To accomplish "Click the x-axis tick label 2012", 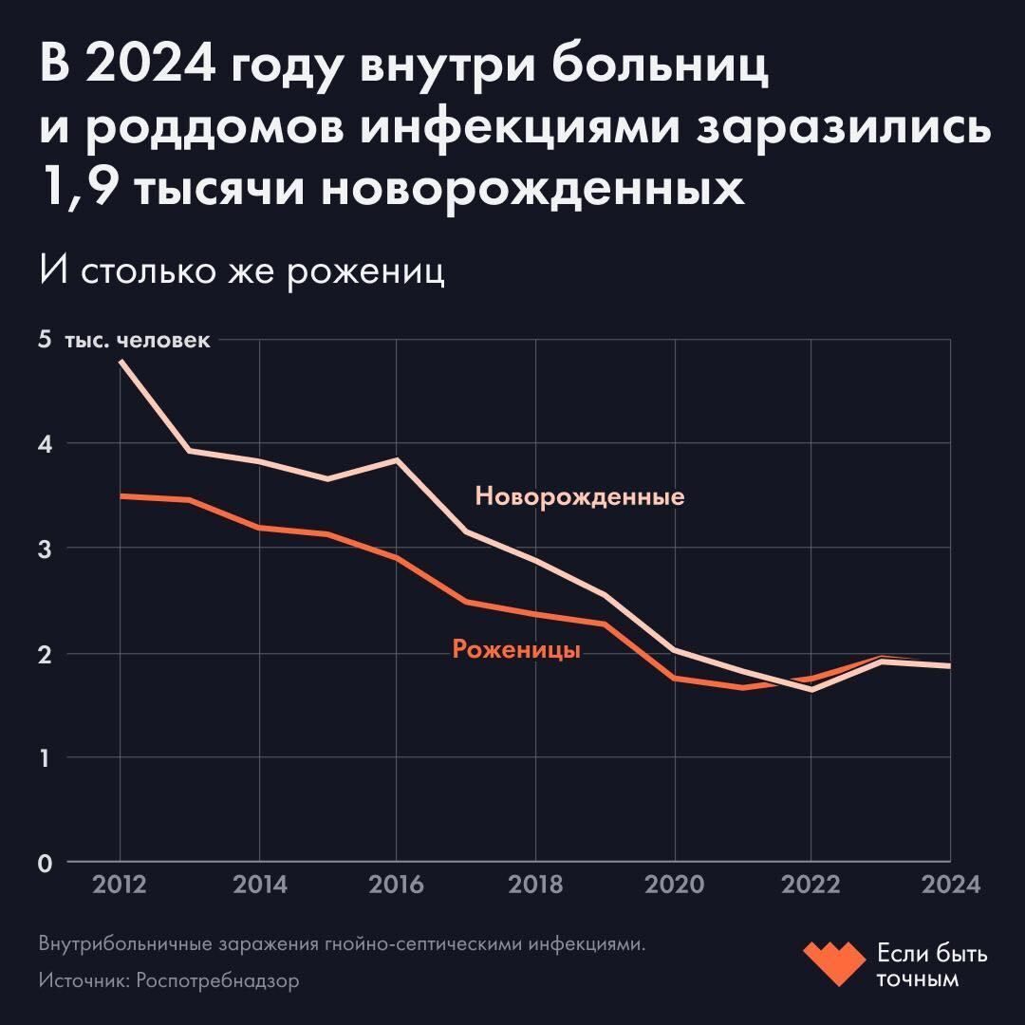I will (121, 885).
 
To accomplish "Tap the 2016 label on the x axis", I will (396, 885).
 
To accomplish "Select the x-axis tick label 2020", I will (674, 885).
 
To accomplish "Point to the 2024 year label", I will (949, 885).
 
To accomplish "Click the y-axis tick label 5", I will (45, 340).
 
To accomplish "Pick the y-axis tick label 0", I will (45, 863).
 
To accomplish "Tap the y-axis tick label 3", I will (45, 549).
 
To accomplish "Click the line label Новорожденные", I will (579, 496).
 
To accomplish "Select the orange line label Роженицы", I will (516, 650).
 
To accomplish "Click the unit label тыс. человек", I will (138, 340).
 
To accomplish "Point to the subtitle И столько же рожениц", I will (242, 272).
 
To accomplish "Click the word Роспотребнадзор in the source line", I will (217, 980).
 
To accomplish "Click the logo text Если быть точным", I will (931, 965).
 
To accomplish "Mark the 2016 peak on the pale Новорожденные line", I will (396, 459).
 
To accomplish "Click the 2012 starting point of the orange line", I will (121, 496).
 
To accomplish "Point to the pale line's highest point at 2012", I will (121, 362).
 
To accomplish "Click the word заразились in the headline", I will (845, 129).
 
